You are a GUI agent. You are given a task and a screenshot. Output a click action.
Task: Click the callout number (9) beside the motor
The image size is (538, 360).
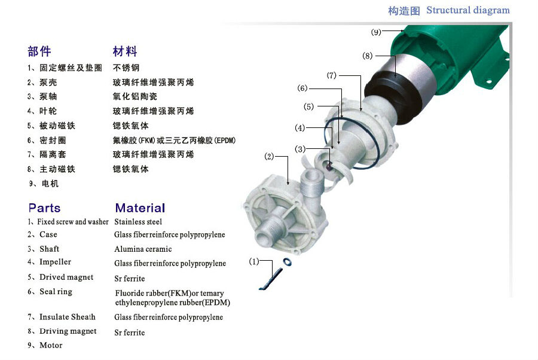click(x=376, y=32)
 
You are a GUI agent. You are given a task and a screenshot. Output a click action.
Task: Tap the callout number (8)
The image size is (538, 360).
click(x=368, y=56)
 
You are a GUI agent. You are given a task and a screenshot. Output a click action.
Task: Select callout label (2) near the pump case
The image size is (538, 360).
click(x=270, y=157)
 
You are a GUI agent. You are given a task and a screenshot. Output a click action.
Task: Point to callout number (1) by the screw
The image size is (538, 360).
click(x=254, y=261)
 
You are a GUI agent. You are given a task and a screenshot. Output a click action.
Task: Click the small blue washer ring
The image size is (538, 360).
click(x=288, y=262)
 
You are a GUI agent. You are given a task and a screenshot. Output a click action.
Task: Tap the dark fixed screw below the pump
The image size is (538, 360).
click(x=271, y=279)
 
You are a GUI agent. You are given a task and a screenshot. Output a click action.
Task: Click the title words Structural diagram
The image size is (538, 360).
click(x=468, y=10)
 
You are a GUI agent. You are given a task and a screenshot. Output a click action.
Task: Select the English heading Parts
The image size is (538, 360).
click(x=45, y=208)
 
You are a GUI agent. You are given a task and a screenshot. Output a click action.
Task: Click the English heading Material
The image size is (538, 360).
click(x=140, y=208)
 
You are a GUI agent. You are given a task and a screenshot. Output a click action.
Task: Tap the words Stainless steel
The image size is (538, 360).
click(x=138, y=222)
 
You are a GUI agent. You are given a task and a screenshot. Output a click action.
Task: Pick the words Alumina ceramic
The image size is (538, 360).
click(x=143, y=249)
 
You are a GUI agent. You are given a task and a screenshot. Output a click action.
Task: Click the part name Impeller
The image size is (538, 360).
click(x=55, y=262)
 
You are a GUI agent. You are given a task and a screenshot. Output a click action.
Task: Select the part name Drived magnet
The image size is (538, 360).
click(x=66, y=277)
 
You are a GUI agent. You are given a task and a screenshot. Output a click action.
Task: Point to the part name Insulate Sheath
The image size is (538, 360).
click(x=67, y=317)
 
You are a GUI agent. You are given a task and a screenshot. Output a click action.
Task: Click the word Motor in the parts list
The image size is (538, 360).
click(x=51, y=345)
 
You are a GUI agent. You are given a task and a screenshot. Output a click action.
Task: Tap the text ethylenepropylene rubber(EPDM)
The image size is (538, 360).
click(x=173, y=303)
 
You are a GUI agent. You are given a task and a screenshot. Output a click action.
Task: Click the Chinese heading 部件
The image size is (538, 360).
click(x=39, y=51)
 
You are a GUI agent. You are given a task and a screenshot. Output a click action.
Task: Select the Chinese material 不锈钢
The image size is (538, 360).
click(x=126, y=68)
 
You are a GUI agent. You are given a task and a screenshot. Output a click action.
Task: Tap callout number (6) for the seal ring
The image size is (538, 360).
click(x=302, y=88)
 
